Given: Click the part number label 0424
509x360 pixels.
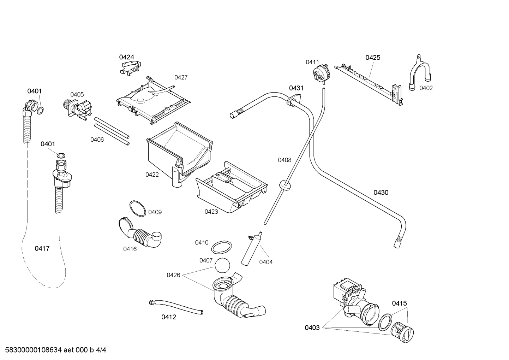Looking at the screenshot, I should click(x=126, y=57).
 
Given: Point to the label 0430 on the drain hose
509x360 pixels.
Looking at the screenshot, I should click(x=381, y=193).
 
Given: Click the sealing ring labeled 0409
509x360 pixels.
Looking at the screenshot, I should click(x=137, y=208).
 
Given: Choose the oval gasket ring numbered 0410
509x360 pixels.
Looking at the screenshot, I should click(x=222, y=248).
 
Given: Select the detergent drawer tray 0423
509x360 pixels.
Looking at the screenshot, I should click(x=231, y=189).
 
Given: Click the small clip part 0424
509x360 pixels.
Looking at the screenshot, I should click(x=130, y=67).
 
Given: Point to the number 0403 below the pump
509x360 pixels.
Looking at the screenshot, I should click(x=312, y=328).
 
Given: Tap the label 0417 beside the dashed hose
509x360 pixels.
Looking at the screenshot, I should click(x=42, y=249).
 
